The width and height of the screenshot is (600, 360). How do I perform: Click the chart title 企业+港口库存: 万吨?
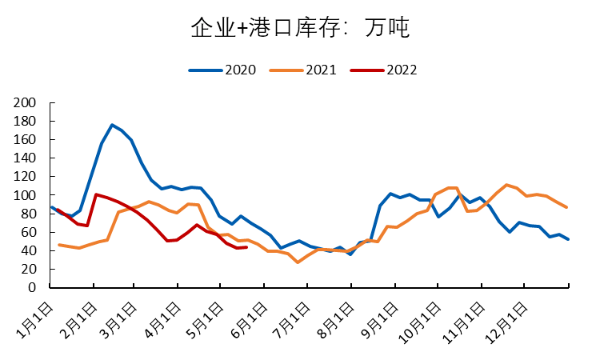click(300, 29)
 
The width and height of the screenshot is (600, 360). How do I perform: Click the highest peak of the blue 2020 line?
click(112, 125)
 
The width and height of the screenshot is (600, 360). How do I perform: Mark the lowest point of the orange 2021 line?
click(298, 262)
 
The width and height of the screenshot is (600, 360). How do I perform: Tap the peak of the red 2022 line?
click(96, 194)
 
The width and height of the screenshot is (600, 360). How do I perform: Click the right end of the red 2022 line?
click(246, 247)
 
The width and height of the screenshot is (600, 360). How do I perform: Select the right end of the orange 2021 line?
click(567, 207)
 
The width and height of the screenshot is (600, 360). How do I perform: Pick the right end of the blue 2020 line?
click(568, 239)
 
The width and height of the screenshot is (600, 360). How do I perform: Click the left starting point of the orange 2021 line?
click(59, 245)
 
